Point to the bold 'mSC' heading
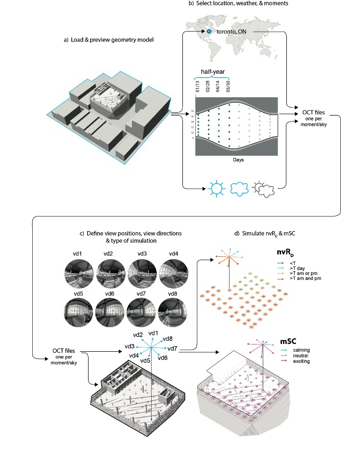point(288,343)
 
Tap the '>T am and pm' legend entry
point(306,278)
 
